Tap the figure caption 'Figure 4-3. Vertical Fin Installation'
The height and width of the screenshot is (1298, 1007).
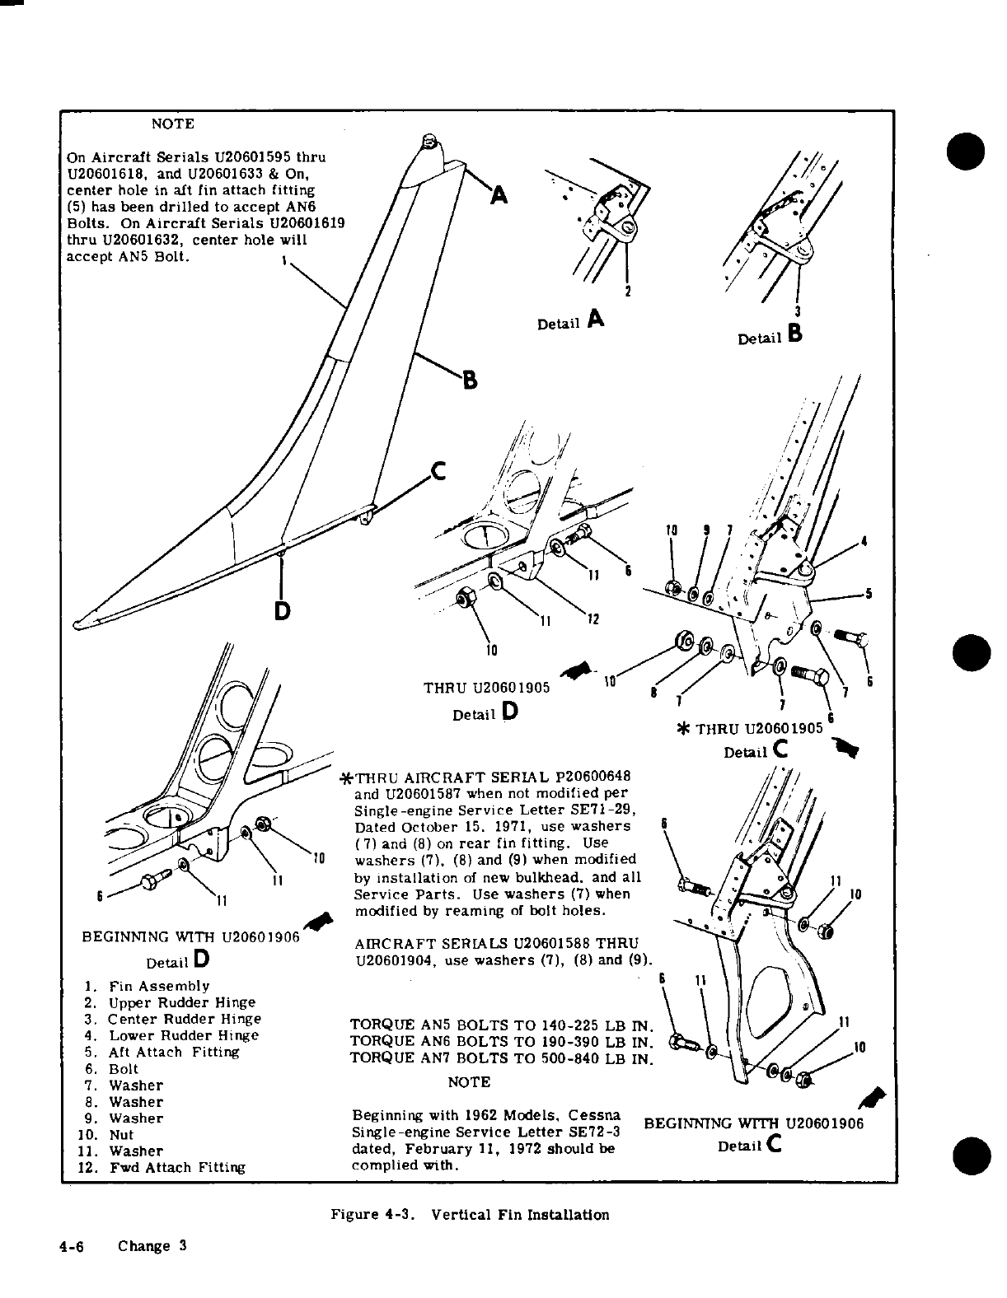tap(470, 1215)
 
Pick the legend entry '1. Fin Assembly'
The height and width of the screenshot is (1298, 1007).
tap(147, 986)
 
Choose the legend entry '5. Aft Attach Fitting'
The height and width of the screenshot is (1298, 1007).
tap(162, 1052)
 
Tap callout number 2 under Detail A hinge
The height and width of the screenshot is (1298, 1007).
tap(628, 292)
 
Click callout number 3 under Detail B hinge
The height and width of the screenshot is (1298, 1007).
tap(798, 311)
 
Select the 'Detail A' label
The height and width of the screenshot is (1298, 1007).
tap(570, 322)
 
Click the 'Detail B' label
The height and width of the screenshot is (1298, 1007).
tap(770, 337)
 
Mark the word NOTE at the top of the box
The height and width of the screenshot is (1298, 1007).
tap(173, 124)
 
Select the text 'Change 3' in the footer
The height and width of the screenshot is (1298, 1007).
tap(152, 1246)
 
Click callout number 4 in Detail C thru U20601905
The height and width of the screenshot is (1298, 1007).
tap(863, 541)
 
